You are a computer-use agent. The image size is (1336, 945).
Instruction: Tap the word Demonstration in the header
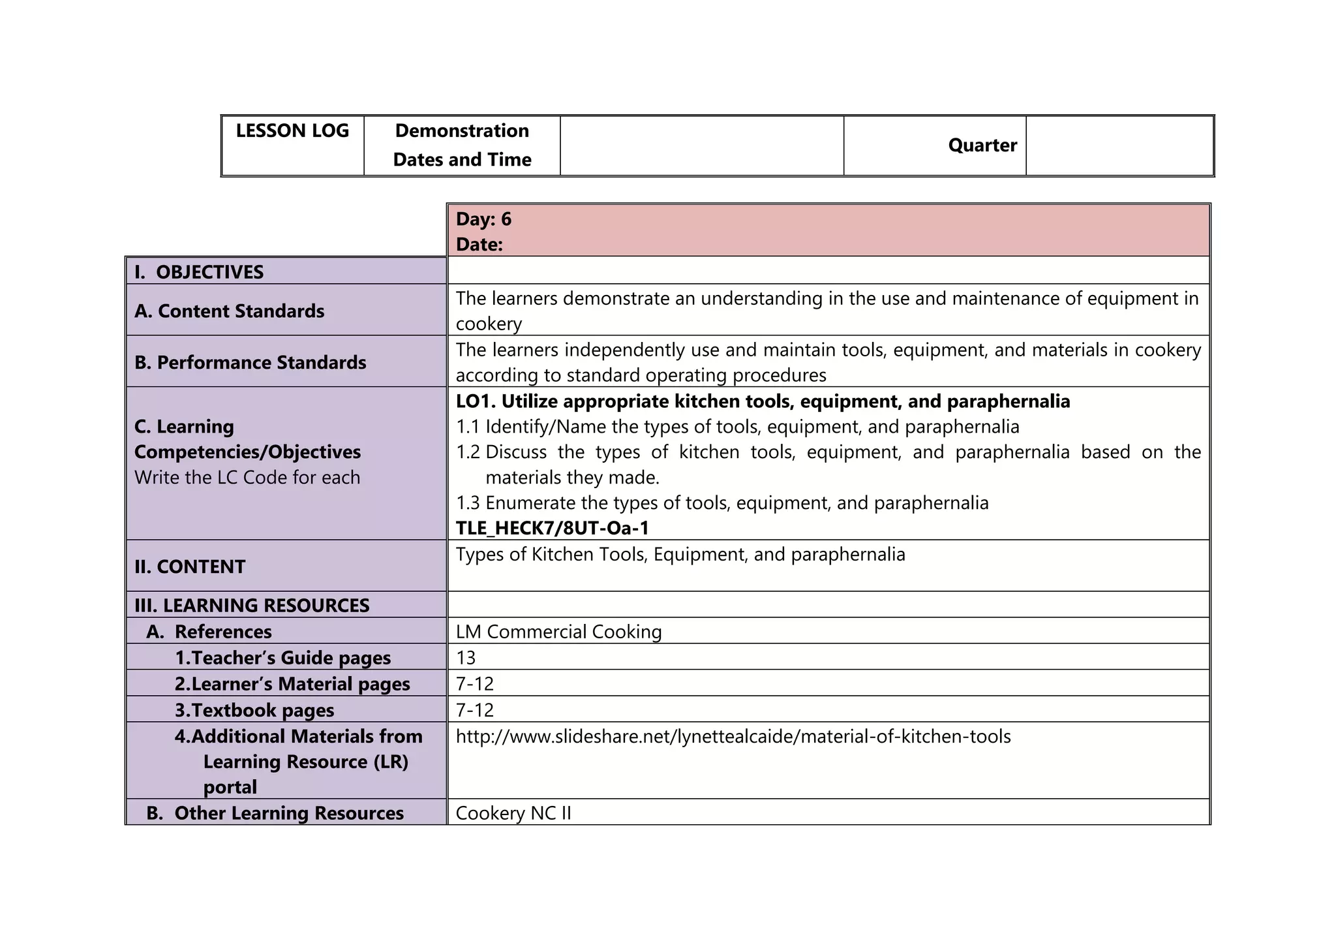462,131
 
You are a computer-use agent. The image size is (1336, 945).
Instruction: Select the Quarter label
982,146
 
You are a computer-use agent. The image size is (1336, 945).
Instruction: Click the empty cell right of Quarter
1119,146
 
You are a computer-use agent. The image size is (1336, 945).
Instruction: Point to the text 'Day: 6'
483,219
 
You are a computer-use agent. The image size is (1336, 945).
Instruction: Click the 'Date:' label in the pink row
479,245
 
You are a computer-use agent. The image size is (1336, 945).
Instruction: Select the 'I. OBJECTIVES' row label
199,272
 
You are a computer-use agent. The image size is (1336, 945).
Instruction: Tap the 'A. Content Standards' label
229,311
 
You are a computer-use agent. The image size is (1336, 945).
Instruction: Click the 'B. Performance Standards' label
250,363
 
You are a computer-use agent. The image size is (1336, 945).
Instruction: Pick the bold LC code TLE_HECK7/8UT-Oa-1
552,528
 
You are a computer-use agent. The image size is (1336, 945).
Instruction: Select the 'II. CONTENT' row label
190,566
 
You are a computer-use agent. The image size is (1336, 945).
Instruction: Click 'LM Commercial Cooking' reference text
558,632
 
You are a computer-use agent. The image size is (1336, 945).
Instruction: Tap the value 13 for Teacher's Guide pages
466,658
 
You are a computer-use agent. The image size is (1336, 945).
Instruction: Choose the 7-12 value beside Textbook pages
474,710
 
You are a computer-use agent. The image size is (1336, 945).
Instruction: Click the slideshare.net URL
733,737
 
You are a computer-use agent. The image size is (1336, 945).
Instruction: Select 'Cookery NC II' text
513,813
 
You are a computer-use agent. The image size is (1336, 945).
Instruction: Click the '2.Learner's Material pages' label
292,684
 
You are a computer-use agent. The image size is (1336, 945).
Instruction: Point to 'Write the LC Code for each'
247,478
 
